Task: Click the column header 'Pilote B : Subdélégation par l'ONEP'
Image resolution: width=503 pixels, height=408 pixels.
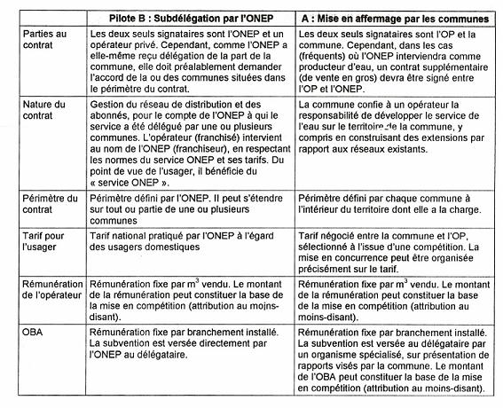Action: tap(189, 17)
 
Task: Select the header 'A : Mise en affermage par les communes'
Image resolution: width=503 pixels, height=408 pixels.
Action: tap(395, 17)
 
